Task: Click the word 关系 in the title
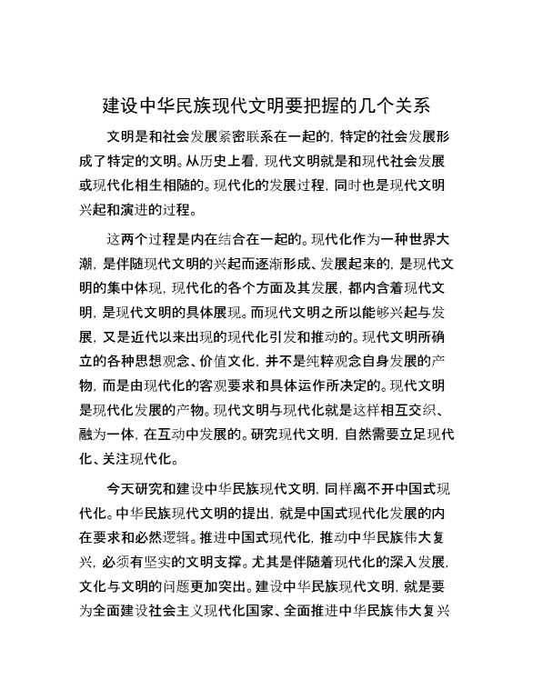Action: pyautogui.click(x=411, y=105)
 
